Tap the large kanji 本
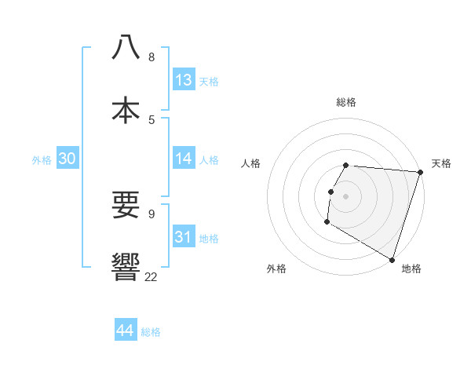point(126,109)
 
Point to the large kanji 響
point(126,267)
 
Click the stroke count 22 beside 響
point(151,276)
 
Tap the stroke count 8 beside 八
point(152,57)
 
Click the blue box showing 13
point(184,80)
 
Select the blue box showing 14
point(184,159)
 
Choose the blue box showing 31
point(184,236)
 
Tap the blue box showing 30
point(68,159)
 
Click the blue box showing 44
point(126,331)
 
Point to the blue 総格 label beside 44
point(151,332)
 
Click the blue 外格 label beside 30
point(42,160)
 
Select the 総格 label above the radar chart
point(346,102)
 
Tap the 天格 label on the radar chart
point(441,163)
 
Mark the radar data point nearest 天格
point(420,173)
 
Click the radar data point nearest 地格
point(392,259)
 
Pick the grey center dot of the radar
point(346,196)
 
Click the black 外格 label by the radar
point(276,269)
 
